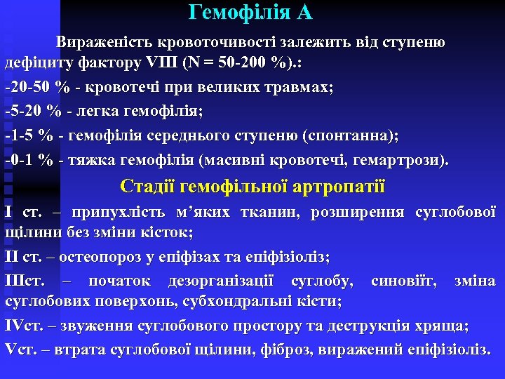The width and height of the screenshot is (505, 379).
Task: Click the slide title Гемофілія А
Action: pos(251,13)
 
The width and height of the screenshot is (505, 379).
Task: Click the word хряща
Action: pos(444,326)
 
